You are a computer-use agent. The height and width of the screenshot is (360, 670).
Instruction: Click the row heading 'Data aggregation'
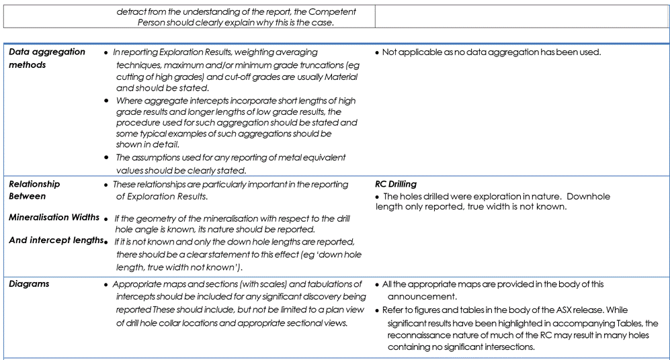pyautogui.click(x=47, y=52)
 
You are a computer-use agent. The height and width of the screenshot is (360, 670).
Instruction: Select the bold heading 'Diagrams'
pyautogui.click(x=30, y=284)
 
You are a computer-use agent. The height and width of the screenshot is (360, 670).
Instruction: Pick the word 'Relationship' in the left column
pyautogui.click(x=34, y=184)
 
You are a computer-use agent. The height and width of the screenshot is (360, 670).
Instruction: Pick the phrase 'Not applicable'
pyautogui.click(x=411, y=52)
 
